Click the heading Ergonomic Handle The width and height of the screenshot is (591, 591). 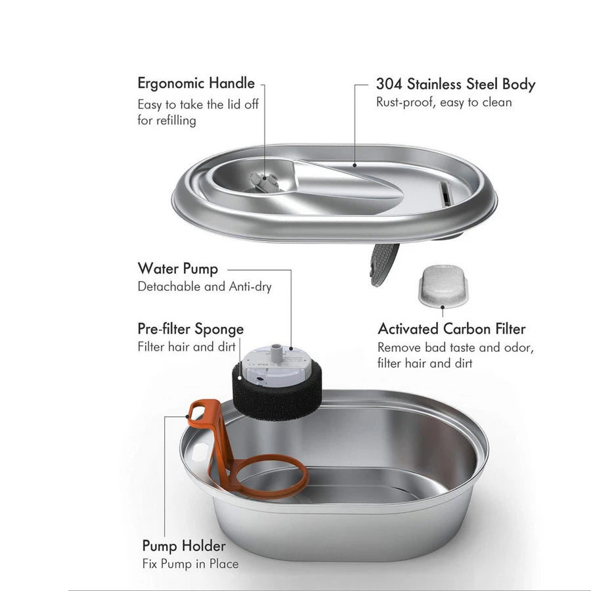[196, 83]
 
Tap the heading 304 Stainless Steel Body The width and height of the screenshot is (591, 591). [455, 84]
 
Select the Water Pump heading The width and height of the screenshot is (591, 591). [177, 269]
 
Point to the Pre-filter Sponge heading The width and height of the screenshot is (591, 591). [190, 328]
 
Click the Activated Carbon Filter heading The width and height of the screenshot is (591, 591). [451, 328]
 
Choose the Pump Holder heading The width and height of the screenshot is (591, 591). [184, 546]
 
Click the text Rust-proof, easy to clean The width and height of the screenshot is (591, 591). [443, 102]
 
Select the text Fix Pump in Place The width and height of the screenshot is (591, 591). [190, 563]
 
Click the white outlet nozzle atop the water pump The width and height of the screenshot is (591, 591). [279, 349]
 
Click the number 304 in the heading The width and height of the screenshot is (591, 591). [389, 84]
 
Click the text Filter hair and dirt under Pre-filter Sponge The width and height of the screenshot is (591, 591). [186, 346]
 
